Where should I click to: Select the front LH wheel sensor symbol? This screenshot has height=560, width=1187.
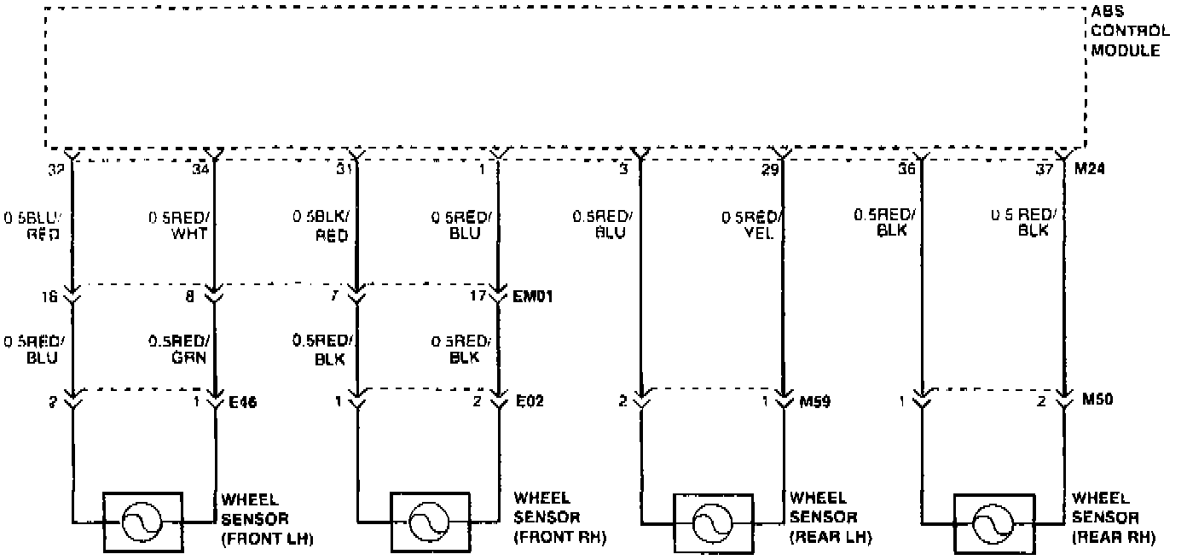coord(142,521)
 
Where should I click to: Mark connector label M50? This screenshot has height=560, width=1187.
coord(1097,400)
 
